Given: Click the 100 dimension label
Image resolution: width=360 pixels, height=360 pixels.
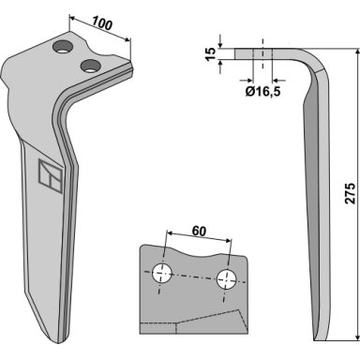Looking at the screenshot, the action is point(102,23).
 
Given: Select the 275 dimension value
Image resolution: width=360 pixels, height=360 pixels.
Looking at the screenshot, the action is point(350,193).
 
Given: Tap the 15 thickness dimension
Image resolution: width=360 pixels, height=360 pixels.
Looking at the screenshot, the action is point(211,54).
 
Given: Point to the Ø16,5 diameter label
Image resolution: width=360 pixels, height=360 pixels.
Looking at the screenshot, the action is point(262,91).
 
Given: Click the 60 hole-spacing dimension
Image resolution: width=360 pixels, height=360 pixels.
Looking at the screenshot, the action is point(199,232).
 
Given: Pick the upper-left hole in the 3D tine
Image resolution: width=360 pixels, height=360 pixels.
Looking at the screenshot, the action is point(63,47).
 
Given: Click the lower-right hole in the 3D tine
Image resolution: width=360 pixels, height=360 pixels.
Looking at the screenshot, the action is point(90,66).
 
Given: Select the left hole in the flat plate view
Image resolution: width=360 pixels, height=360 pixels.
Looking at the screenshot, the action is point(162,273).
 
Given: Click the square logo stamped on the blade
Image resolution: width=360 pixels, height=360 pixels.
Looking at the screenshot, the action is point(50,176).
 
